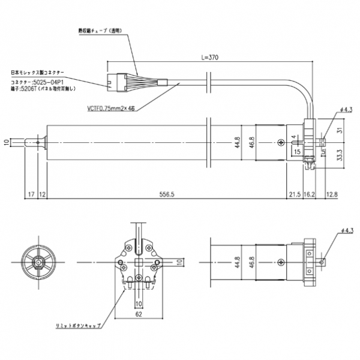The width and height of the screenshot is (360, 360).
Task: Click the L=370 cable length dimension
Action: pos(209,58)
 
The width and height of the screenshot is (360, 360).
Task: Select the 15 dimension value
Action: pos(298,152)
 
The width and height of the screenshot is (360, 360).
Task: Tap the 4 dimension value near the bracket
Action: pos(293,137)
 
